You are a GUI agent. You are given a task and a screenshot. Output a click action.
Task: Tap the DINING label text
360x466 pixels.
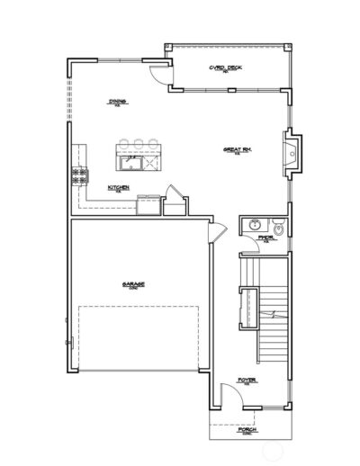pos(116,101)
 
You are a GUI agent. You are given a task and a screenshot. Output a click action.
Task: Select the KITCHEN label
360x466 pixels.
pos(119,187)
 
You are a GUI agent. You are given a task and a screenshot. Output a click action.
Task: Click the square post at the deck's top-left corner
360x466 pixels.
pos(167,43)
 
